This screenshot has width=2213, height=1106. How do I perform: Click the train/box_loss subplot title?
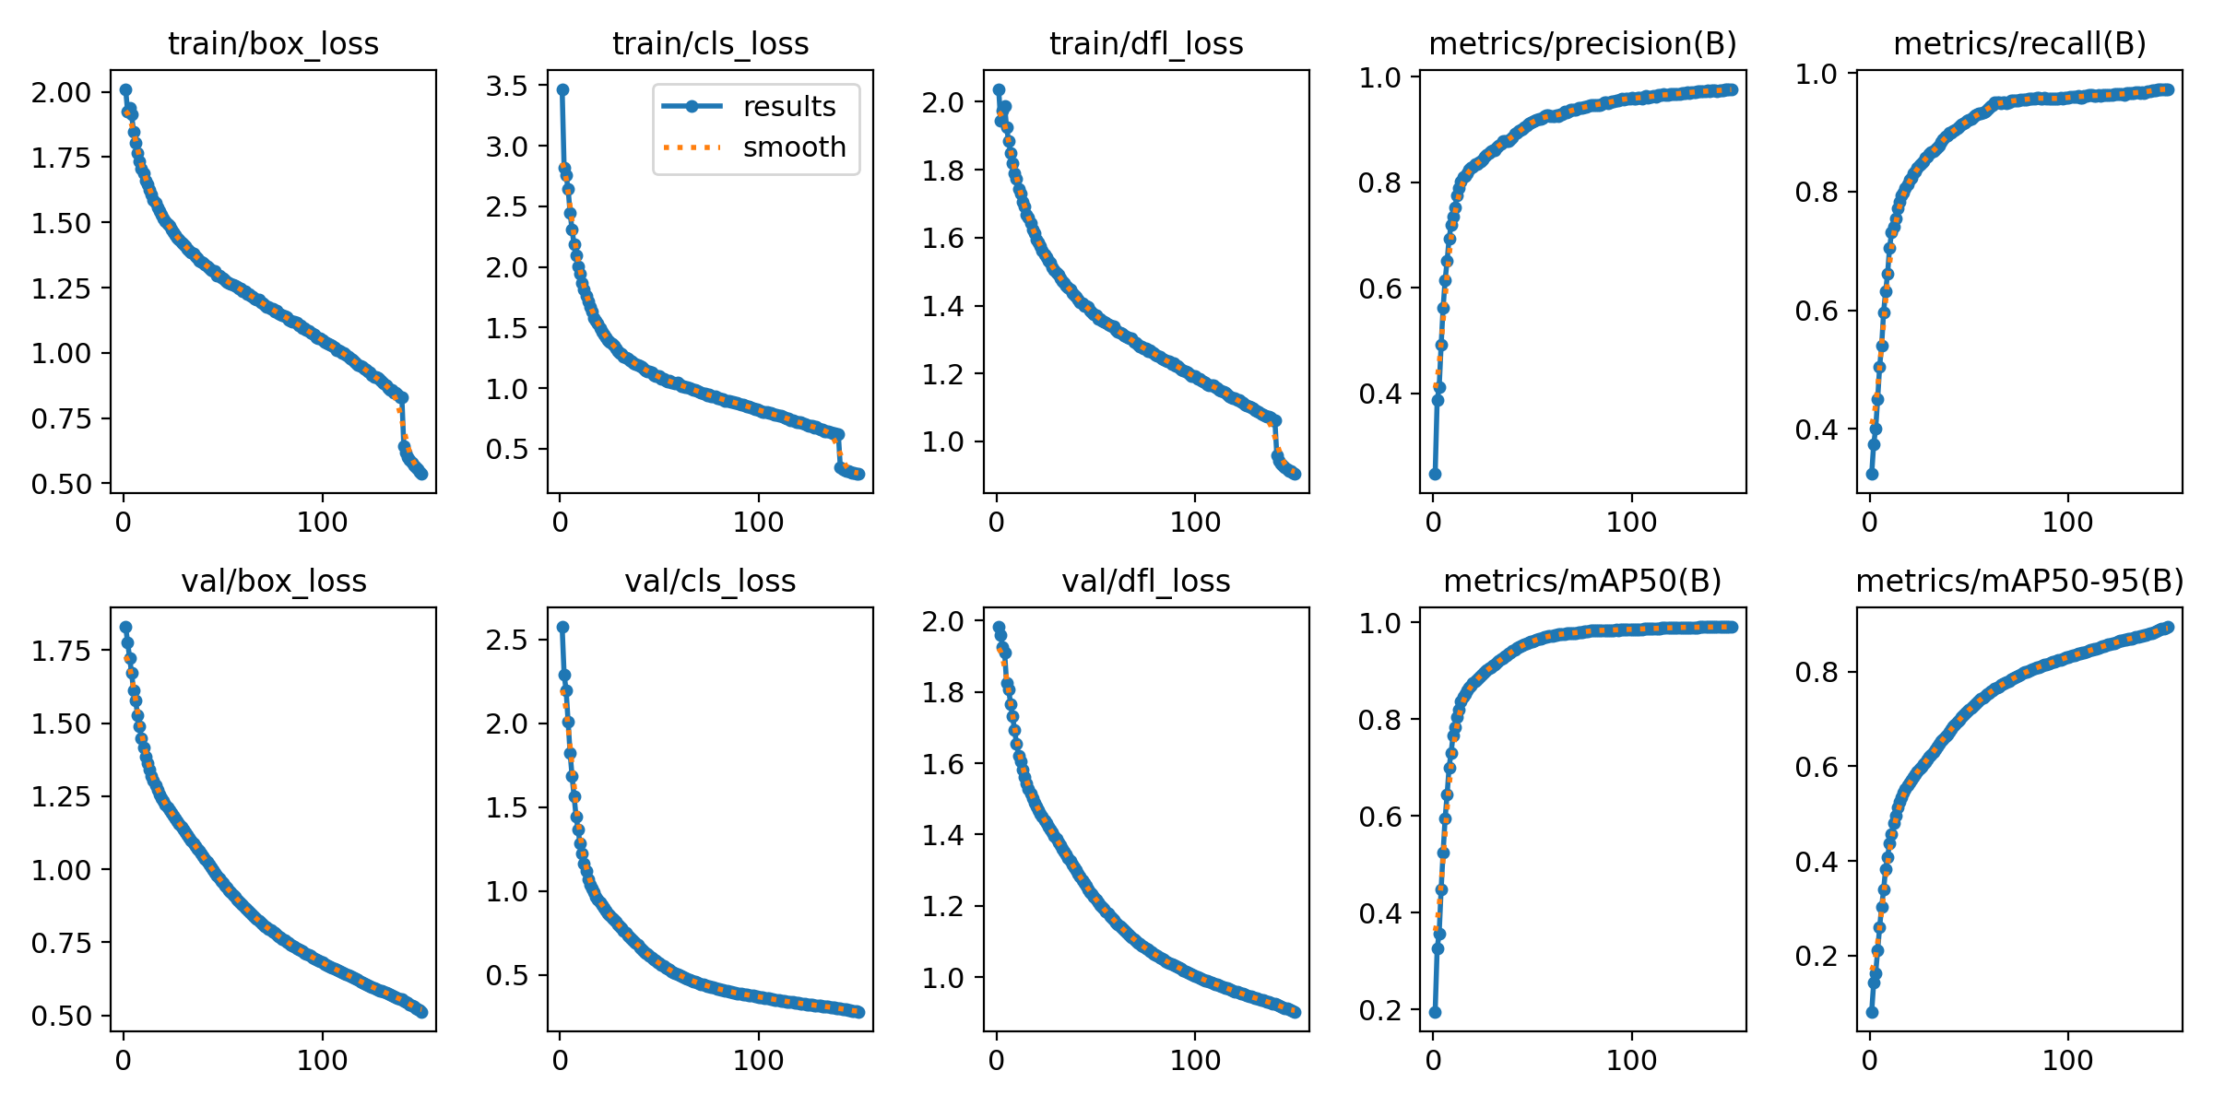click(x=273, y=43)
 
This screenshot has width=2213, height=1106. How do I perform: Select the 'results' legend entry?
click(x=789, y=106)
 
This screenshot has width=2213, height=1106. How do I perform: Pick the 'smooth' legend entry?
click(x=794, y=147)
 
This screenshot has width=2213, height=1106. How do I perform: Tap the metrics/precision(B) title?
click(x=1582, y=43)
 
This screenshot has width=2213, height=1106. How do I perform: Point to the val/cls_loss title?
click(x=710, y=581)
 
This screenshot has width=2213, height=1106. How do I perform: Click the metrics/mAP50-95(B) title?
click(x=2019, y=581)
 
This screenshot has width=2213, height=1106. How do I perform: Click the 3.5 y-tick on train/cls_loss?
click(x=507, y=86)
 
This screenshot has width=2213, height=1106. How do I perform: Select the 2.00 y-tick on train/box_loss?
click(x=62, y=92)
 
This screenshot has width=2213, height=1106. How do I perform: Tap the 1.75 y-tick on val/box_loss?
click(x=62, y=651)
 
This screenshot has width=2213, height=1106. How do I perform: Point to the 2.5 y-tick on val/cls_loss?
click(x=507, y=640)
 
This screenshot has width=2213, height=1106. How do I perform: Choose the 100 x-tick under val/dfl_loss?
click(x=1195, y=1061)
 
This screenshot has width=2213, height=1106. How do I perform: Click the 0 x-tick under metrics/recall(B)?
click(x=1869, y=523)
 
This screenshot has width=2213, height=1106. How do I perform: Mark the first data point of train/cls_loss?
click(x=562, y=89)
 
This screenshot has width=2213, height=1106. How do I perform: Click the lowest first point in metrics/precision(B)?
click(x=1435, y=474)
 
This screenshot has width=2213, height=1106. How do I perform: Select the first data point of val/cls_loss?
click(x=562, y=627)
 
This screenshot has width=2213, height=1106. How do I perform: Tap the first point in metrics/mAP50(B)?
click(x=1435, y=1012)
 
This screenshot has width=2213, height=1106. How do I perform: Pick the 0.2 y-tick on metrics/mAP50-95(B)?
click(x=1816, y=956)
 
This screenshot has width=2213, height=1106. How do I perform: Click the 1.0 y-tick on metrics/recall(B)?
click(x=1816, y=74)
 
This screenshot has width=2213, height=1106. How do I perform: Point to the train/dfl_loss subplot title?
click(x=1146, y=43)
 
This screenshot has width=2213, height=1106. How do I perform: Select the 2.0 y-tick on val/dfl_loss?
click(x=943, y=621)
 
